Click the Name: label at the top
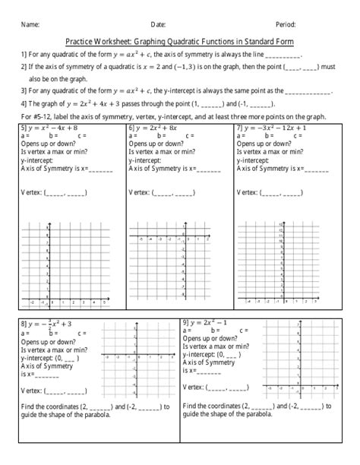point(30,24)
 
